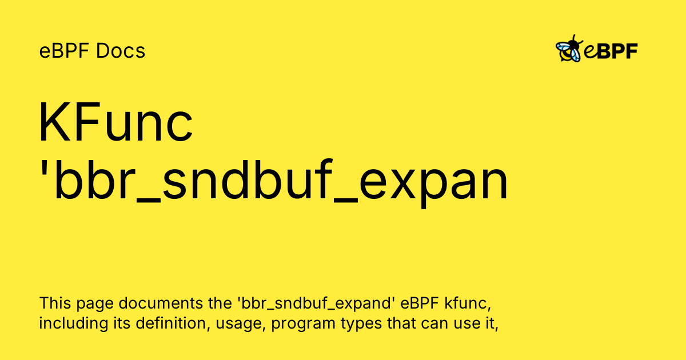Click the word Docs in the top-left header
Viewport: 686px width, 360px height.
(121, 51)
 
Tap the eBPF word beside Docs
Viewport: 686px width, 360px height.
(65, 51)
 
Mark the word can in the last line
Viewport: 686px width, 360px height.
(430, 324)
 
